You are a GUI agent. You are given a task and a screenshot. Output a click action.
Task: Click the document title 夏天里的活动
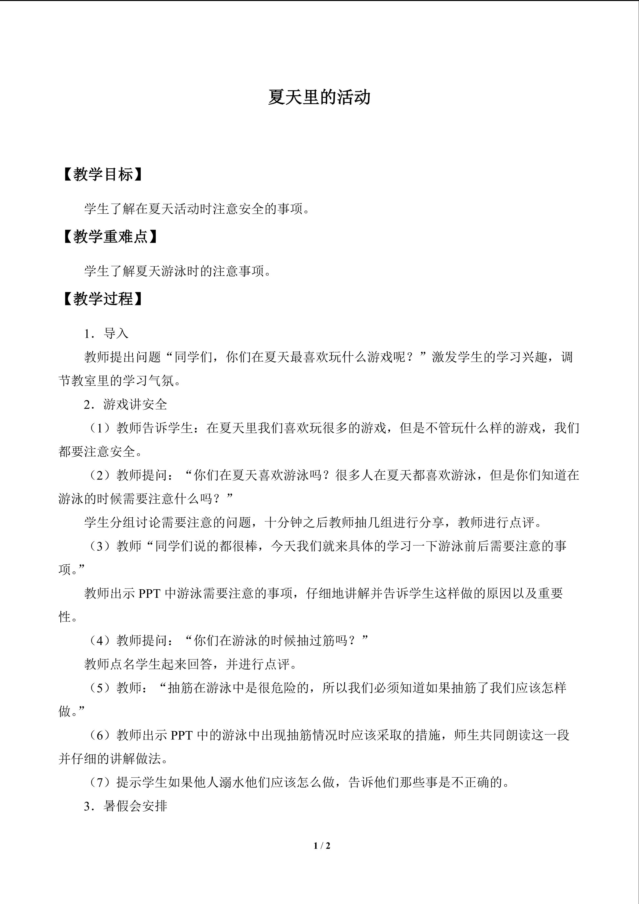[319, 97]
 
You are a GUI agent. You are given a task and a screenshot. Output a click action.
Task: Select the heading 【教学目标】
[101, 175]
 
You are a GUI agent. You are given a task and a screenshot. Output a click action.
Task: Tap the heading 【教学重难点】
[109, 237]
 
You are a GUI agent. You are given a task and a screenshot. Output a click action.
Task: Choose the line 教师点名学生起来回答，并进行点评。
[191, 664]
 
